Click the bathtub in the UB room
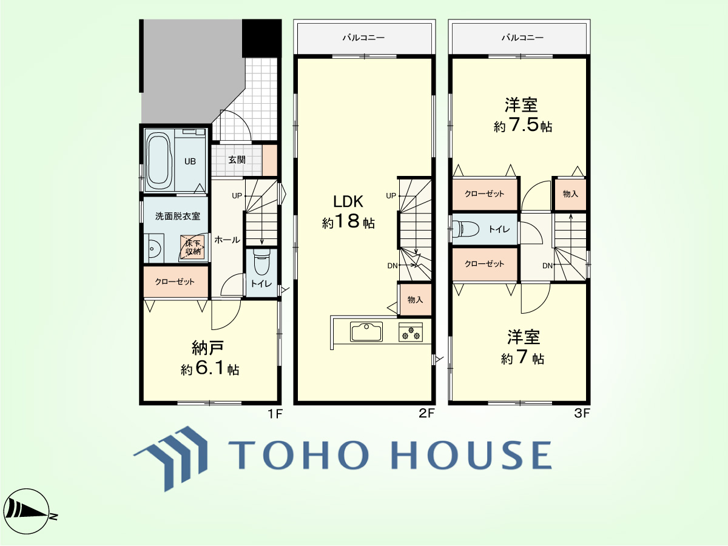click(159, 160)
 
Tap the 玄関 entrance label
click(237, 160)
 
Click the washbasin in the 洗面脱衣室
click(153, 248)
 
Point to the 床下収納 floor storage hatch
click(193, 248)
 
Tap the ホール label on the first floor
click(227, 240)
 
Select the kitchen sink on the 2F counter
click(366, 331)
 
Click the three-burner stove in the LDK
click(411, 332)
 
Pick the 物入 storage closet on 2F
click(416, 300)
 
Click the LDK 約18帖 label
click(348, 212)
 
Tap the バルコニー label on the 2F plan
click(363, 38)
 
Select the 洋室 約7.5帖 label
click(522, 115)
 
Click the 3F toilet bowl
click(467, 229)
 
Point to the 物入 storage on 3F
click(570, 194)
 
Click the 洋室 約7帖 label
click(523, 347)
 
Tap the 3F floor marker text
click(582, 413)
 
